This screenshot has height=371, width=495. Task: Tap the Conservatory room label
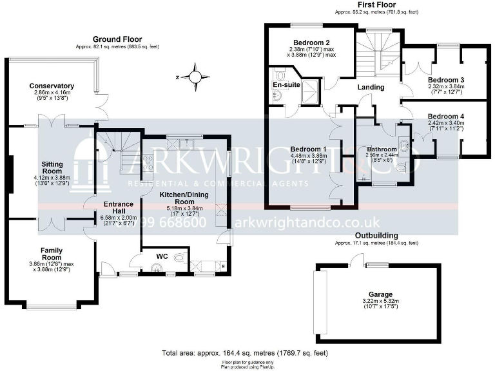(52, 86)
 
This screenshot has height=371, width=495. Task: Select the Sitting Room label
(52, 168)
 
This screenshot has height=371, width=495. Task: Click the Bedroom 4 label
(446, 117)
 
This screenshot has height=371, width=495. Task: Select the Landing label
(371, 87)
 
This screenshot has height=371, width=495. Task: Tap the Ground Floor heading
(117, 39)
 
